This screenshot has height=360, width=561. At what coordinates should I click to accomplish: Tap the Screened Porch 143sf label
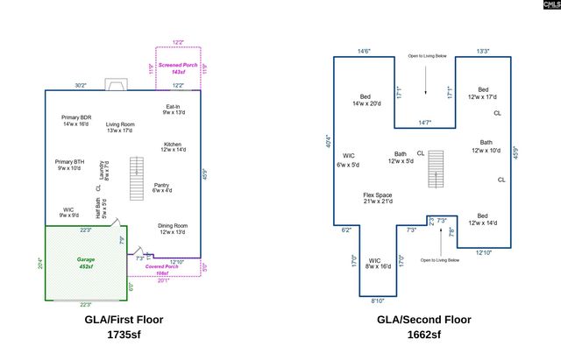click(x=178, y=67)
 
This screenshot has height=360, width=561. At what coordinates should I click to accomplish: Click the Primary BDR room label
click(x=76, y=121)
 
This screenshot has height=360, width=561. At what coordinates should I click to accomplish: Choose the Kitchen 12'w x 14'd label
click(x=173, y=147)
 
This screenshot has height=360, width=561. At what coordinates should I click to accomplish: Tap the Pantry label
click(x=161, y=187)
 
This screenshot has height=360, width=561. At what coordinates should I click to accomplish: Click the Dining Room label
click(x=173, y=229)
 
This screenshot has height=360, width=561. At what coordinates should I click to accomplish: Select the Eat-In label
click(x=173, y=109)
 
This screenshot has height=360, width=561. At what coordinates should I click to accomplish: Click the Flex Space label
click(x=378, y=199)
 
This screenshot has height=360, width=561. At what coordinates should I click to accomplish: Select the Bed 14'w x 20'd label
click(x=366, y=100)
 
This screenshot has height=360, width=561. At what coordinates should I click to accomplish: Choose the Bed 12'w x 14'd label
click(x=482, y=219)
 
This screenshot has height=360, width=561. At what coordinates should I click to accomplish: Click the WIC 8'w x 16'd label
click(x=374, y=263)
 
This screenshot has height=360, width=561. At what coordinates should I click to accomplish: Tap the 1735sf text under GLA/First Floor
click(x=123, y=335)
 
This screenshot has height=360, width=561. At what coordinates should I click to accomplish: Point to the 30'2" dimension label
click(x=80, y=85)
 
